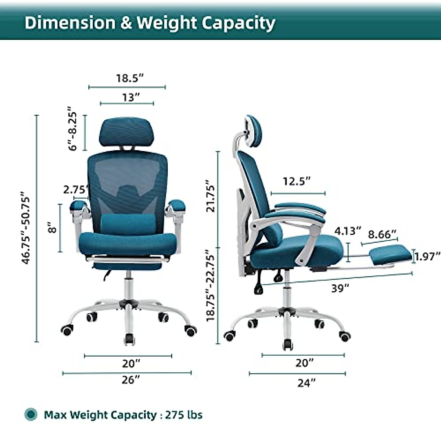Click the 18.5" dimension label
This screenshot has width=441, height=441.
coord(129,78)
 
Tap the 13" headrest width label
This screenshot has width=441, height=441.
coord(131,98)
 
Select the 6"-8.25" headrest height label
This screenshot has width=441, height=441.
coord(72,129)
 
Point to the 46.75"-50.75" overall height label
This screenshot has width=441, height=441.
coord(26,228)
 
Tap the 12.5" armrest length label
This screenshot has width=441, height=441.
coord(297,181)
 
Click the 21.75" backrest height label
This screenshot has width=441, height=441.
coord(210,196)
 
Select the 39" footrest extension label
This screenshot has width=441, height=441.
coord(340,288)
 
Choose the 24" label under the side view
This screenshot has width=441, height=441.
coord(306,383)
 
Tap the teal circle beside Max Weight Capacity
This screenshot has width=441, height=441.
coord(31,415)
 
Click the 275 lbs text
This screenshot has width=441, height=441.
coord(184,415)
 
